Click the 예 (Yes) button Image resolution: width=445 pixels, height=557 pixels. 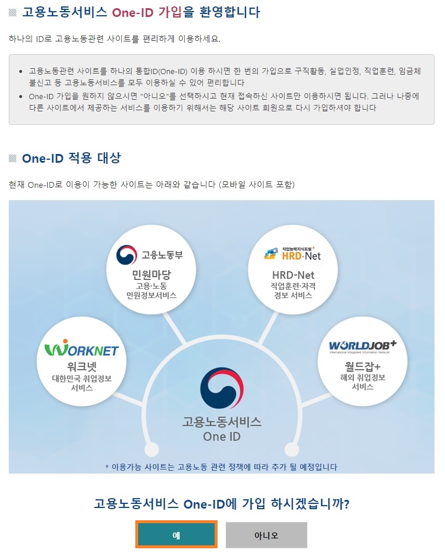pos(176,534)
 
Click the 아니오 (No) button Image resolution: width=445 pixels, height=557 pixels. pos(266,535)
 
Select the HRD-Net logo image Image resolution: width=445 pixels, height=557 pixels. pos(292,253)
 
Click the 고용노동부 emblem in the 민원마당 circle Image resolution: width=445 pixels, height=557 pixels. pos(127,255)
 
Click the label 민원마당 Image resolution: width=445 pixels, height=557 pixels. pos(151,274)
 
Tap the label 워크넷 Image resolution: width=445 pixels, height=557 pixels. pos(82,367)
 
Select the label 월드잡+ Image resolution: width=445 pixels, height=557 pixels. pos(362,366)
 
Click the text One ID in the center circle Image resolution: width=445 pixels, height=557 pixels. pos(222,436)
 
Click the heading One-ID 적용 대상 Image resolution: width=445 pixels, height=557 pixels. pos(71,159)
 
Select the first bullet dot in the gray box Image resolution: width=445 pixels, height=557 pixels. pos(21,71)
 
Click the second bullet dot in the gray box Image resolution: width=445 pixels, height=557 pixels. pos(21,96)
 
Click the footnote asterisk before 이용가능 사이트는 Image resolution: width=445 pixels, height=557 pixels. pos(107,467)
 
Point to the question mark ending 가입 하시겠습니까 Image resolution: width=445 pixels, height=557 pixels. pos(346,503)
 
